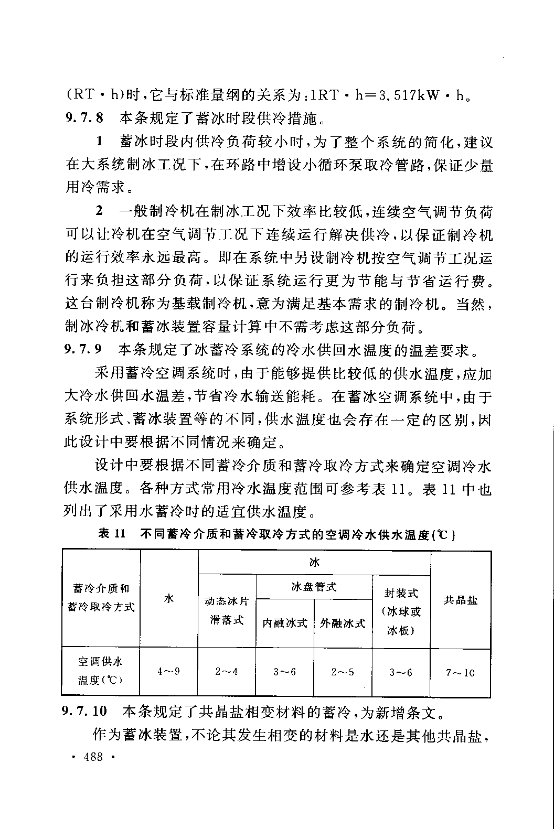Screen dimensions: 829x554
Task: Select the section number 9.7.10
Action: pyautogui.click(x=85, y=712)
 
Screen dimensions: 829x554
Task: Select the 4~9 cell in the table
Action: pyautogui.click(x=169, y=671)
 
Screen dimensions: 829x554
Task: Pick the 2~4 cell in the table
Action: pyautogui.click(x=227, y=671)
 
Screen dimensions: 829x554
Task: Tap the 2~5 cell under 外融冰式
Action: pyautogui.click(x=343, y=671)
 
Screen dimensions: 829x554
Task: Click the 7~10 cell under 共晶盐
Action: pyautogui.click(x=460, y=672)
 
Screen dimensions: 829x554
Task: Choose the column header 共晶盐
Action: pyautogui.click(x=460, y=600)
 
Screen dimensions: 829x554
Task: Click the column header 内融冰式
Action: pyautogui.click(x=285, y=623)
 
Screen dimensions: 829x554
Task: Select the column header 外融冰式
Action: pyautogui.click(x=343, y=623)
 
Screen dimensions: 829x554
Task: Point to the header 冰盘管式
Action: pyautogui.click(x=314, y=587)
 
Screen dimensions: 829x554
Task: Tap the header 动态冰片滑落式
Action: pyautogui.click(x=227, y=610)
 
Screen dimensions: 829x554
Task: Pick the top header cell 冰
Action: pyautogui.click(x=314, y=563)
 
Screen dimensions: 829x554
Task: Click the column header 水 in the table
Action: pyautogui.click(x=169, y=598)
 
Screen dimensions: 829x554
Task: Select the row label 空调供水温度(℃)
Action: pyautogui.click(x=101, y=671)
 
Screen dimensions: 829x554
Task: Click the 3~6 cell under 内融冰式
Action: pyautogui.click(x=285, y=671)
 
